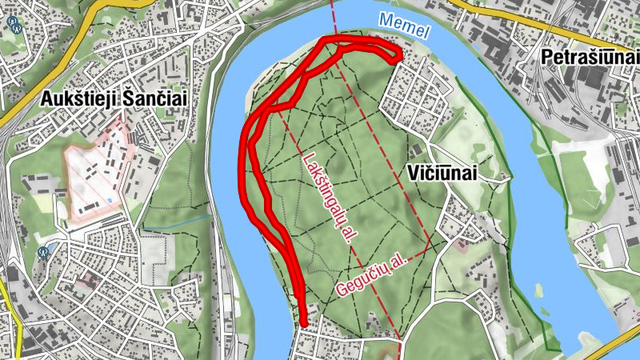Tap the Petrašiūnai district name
pos(590,58)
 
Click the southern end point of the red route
pos(304,322)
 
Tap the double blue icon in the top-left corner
pos(14,23)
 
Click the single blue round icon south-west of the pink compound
pos(43,250)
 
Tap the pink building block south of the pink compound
pos(87,281)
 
